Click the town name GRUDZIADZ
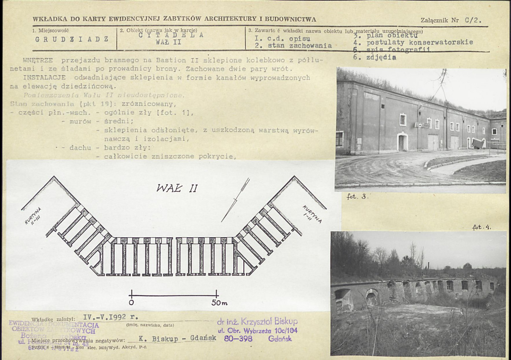pyautogui.click(x=72, y=39)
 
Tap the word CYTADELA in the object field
pyautogui.click(x=171, y=35)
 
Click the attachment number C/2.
pyautogui.click(x=472, y=20)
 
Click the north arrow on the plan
pyautogui.click(x=236, y=199)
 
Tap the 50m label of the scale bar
pyautogui.click(x=219, y=302)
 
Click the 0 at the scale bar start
pyautogui.click(x=131, y=302)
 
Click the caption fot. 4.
pyautogui.click(x=482, y=227)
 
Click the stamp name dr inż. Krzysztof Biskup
pyautogui.click(x=257, y=322)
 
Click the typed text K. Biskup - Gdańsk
pyautogui.click(x=178, y=338)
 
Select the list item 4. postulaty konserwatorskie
pyautogui.click(x=413, y=42)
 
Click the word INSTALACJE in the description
pyautogui.click(x=44, y=78)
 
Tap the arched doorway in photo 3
pyautogui.click(x=401, y=142)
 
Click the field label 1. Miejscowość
pyautogui.click(x=50, y=30)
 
